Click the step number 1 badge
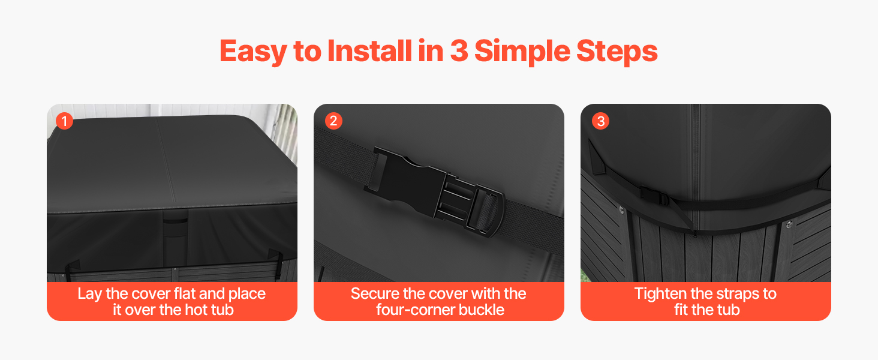click(x=64, y=121)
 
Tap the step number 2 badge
click(x=333, y=121)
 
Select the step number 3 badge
click(x=600, y=121)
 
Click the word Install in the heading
click(x=369, y=50)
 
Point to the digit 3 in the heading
click(x=459, y=51)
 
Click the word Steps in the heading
click(x=617, y=52)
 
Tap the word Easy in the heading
click(x=253, y=52)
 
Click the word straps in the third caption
click(x=725, y=294)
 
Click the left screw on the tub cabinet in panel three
click(x=621, y=211)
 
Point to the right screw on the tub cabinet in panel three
click(x=789, y=224)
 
